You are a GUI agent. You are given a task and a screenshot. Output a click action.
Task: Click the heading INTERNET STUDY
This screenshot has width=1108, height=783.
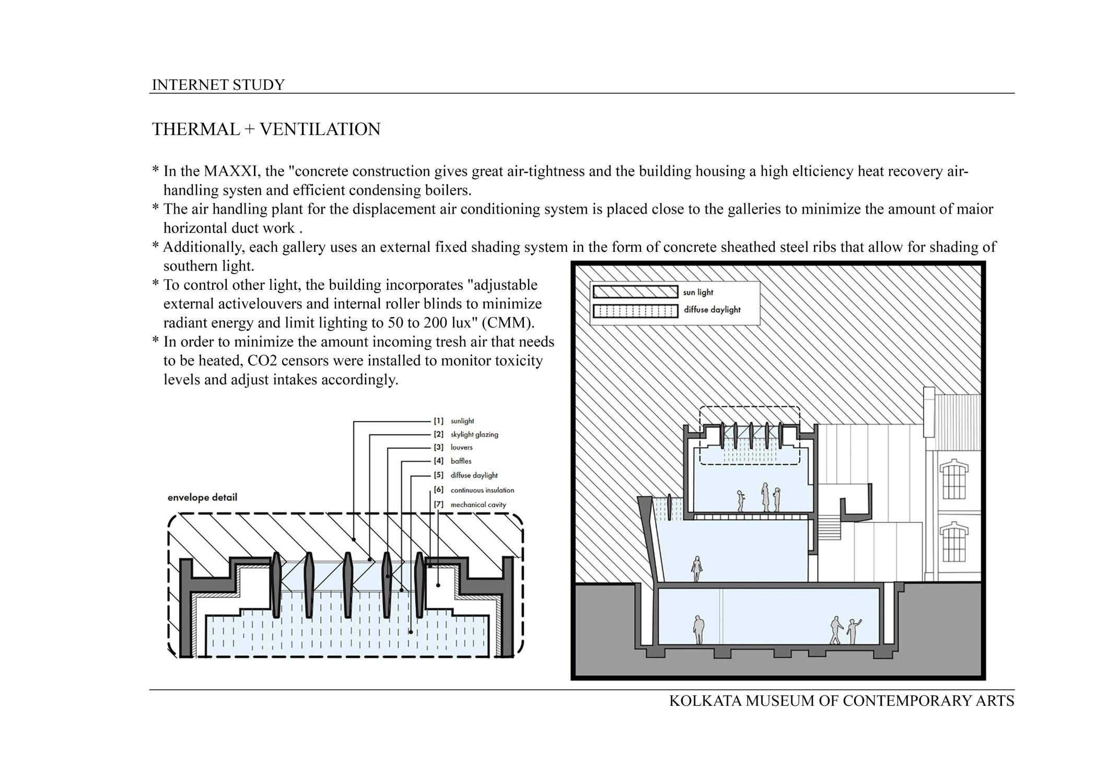point(218,85)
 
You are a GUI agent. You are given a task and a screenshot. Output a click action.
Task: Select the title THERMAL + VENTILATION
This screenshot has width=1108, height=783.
point(266,129)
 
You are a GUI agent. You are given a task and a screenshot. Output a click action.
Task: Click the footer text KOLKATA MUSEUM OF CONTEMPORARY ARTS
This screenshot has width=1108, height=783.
point(841,700)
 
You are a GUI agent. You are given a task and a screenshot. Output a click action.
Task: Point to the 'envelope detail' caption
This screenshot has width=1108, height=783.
point(202,497)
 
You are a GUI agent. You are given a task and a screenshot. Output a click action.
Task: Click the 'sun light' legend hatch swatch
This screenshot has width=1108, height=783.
point(635,291)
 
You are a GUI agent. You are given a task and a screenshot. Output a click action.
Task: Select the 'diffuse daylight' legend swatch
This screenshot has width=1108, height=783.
point(635,311)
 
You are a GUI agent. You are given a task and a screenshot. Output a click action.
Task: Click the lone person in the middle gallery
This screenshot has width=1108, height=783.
point(696,568)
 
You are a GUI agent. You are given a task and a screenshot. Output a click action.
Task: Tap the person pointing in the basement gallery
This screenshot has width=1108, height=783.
point(853,632)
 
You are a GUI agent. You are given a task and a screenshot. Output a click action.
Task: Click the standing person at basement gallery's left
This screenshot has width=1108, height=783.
point(698,629)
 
